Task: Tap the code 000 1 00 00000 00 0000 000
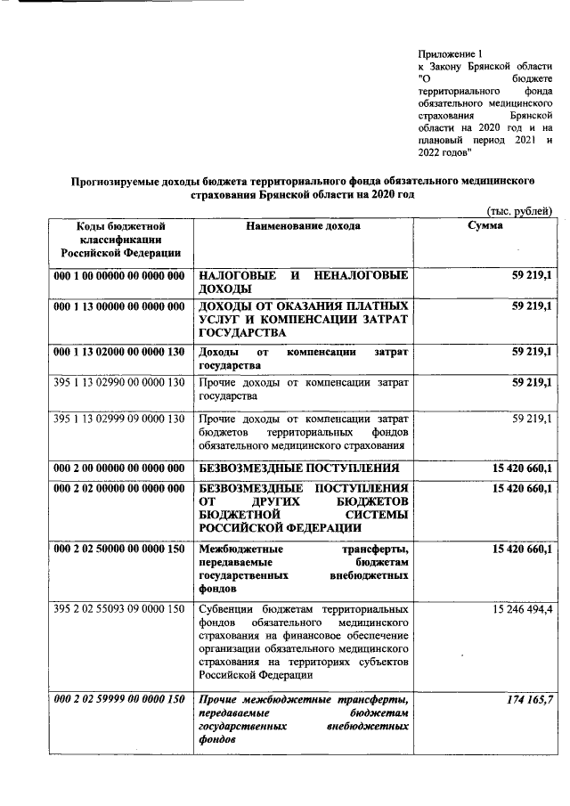click(x=118, y=275)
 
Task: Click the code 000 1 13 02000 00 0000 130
click(x=118, y=353)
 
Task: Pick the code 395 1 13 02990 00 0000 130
click(x=118, y=383)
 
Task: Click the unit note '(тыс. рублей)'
click(x=520, y=210)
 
